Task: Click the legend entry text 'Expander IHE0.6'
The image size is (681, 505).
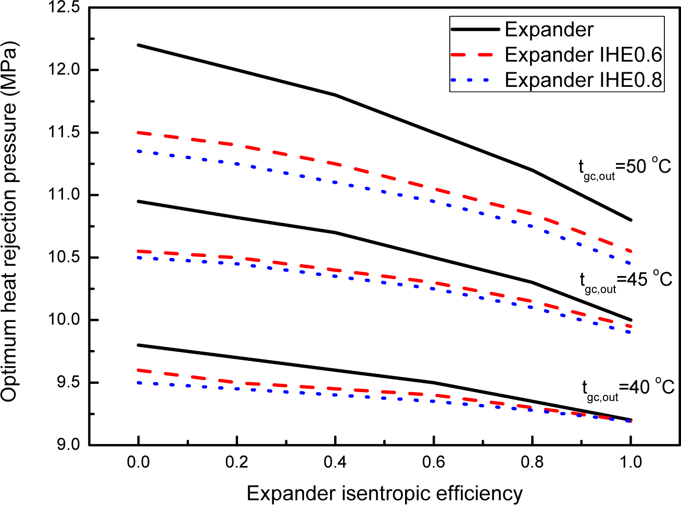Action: [583, 55]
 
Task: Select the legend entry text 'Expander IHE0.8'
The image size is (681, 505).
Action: [583, 80]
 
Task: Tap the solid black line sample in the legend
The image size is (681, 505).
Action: [475, 30]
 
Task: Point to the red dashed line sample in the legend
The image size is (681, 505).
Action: [475, 55]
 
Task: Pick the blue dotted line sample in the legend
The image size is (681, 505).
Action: [475, 80]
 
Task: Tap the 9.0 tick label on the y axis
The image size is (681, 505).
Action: [68, 445]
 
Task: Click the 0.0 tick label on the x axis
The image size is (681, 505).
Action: [138, 462]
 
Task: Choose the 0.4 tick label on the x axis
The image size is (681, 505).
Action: [335, 462]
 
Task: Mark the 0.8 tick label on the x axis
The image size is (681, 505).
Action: [532, 462]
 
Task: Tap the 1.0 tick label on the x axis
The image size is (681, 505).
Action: [630, 462]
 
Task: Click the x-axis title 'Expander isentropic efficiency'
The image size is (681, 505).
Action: [384, 493]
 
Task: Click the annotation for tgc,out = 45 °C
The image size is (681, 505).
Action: [626, 280]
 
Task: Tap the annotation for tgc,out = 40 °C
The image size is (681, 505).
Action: [627, 389]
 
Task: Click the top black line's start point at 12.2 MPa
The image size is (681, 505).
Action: [138, 45]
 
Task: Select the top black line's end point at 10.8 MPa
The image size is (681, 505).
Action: [630, 220]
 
